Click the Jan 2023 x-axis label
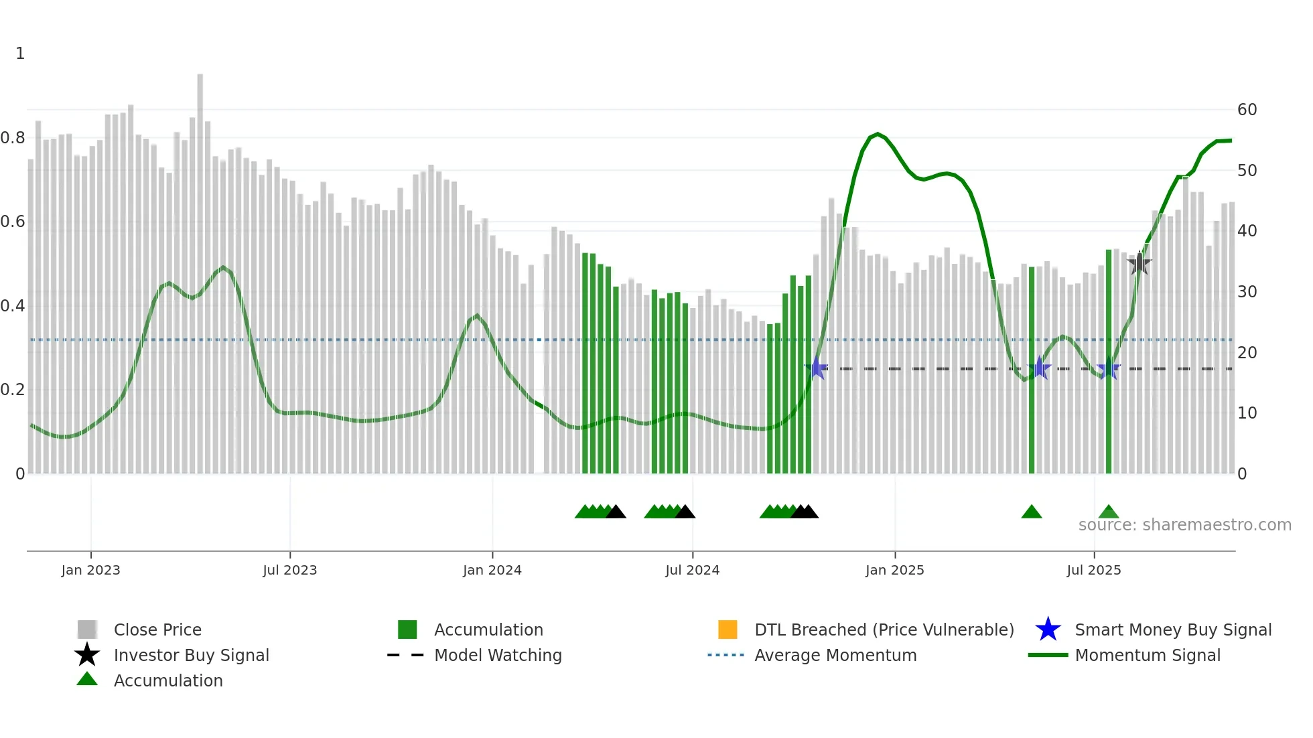pos(90,570)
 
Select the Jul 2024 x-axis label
pos(692,570)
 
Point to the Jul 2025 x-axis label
pos(1093,570)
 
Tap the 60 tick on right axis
pos(1247,110)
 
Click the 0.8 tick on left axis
pos(13,138)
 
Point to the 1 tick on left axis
pos(20,54)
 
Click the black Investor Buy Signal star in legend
pos(87,655)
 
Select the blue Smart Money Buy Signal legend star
pos(1048,630)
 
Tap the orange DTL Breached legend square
pos(728,630)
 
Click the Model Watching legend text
pos(498,655)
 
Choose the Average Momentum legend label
pos(835,655)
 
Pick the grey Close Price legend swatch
pos(87,630)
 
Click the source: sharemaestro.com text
pos(1184,525)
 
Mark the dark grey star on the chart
pos(1139,264)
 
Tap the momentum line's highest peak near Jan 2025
pos(877,134)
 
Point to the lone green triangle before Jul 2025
pos(1031,512)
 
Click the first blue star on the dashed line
pos(817,368)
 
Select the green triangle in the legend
pos(87,680)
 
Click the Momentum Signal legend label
pos(1147,655)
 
